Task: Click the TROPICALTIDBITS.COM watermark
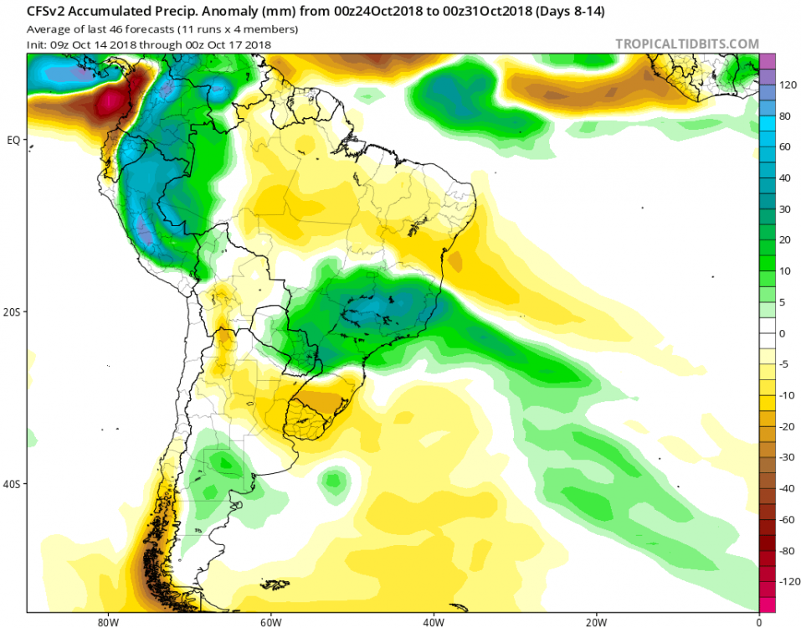(687, 44)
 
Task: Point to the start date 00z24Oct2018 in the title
(372, 12)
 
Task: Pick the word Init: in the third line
(39, 44)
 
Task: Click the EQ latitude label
(13, 140)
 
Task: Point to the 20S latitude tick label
(13, 311)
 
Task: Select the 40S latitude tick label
(13, 484)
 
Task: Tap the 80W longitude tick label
(105, 622)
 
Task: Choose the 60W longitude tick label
(269, 622)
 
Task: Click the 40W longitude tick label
(433, 622)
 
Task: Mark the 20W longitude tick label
(596, 622)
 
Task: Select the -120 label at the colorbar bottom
(787, 580)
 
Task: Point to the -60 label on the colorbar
(785, 519)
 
